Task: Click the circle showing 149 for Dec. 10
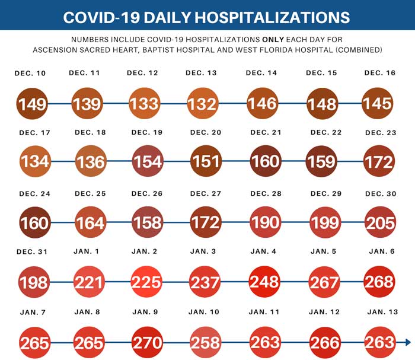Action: tap(32, 104)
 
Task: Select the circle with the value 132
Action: tap(202, 104)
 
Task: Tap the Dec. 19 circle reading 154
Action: tap(147, 161)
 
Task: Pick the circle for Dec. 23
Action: tap(379, 161)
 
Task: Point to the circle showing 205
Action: tap(379, 222)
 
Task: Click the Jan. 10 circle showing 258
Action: tap(205, 342)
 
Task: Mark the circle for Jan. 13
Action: tap(379, 342)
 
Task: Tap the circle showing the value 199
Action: tap(324, 222)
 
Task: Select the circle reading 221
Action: tap(90, 281)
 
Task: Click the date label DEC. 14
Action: tap(261, 73)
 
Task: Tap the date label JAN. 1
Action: tap(88, 251)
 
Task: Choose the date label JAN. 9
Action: tap(146, 312)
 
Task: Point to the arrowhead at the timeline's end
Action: tap(407, 342)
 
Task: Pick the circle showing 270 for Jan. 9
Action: tap(148, 342)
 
